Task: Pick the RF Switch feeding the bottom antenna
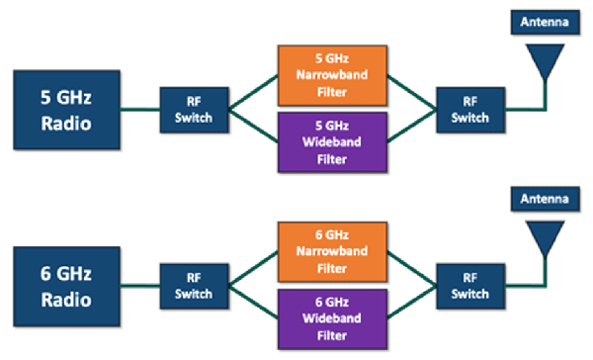click(x=471, y=286)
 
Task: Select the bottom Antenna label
click(x=542, y=200)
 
